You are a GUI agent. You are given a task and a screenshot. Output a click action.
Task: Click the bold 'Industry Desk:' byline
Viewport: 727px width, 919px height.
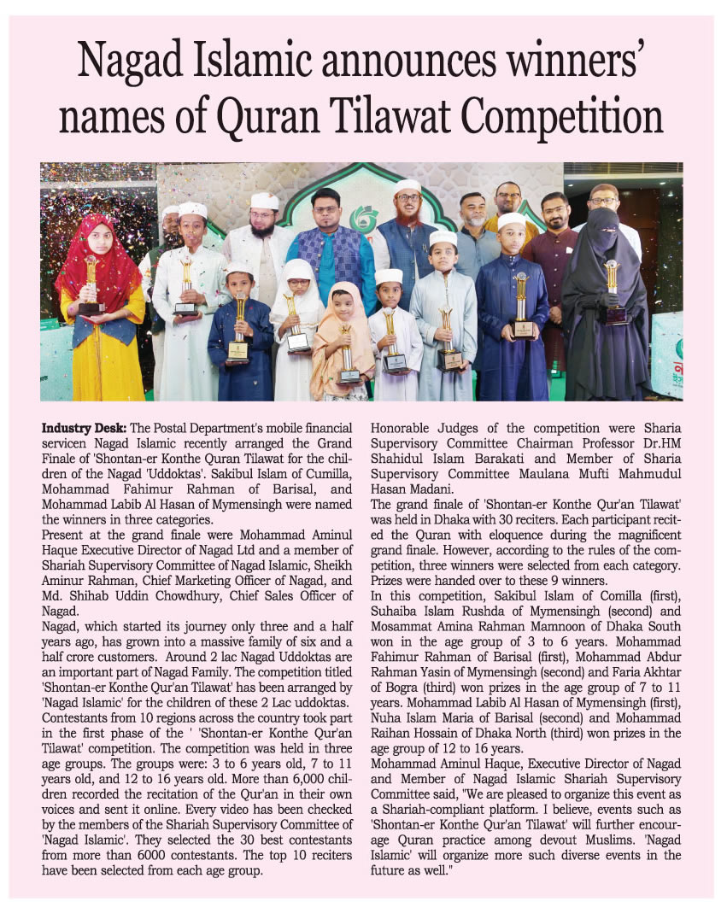point(83,426)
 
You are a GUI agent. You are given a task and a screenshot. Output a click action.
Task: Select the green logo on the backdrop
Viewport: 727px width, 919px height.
point(365,219)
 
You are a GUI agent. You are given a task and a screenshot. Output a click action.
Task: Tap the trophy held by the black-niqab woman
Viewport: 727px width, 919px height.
point(612,291)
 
